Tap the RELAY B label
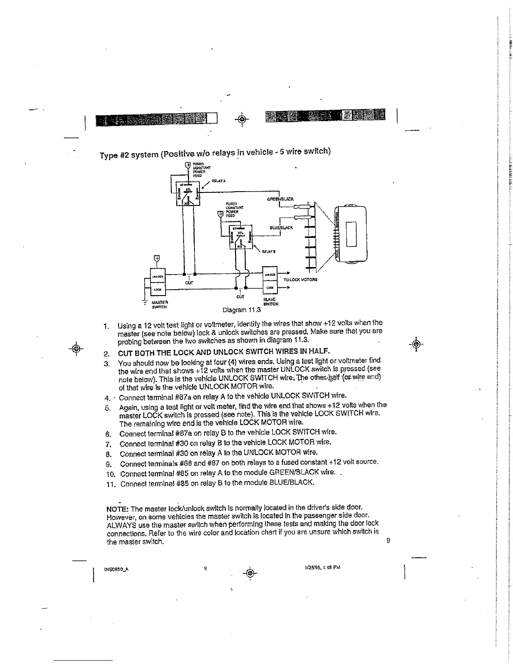coord(268,252)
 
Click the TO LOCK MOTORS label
coord(301,279)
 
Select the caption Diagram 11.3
coord(241,310)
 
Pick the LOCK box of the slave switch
coord(270,288)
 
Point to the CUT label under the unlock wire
coord(189,283)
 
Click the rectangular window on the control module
coord(350,234)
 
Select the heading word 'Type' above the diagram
coord(109,156)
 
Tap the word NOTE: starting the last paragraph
coord(118,509)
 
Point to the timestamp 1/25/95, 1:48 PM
coord(322,567)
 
